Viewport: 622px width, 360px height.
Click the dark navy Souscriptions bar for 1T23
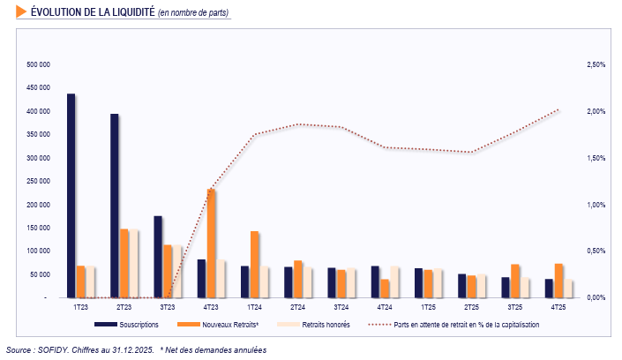71,196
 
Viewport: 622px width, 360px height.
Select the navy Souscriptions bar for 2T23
115,206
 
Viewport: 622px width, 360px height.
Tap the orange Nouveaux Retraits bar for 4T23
211,244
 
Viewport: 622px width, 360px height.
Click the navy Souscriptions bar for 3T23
158,257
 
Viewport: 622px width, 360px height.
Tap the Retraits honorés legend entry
314,325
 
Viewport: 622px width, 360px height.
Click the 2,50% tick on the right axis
596,65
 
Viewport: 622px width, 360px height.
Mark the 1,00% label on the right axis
596,205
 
